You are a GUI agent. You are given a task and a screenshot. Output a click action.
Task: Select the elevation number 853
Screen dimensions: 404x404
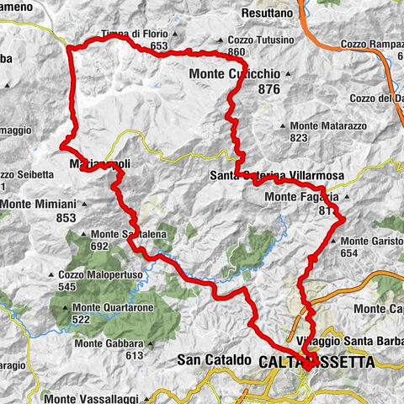66,218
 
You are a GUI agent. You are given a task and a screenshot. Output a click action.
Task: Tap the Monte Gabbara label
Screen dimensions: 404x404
108,343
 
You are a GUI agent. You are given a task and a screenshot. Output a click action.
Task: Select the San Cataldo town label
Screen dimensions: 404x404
214,360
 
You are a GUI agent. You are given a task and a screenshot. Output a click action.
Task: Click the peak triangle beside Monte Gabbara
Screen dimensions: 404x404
146,343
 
